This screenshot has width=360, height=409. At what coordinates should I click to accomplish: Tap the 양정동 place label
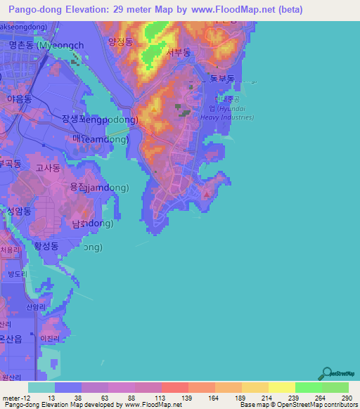click(120, 41)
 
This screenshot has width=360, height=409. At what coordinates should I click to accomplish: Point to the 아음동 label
click(19, 100)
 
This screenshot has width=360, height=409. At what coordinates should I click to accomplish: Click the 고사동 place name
click(49, 169)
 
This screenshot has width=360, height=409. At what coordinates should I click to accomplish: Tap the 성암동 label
click(19, 211)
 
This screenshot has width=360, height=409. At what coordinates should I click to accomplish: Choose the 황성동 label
click(48, 247)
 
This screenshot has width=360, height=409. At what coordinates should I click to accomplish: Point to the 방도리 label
click(15, 274)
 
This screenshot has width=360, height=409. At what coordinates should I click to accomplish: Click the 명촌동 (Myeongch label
click(46, 45)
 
